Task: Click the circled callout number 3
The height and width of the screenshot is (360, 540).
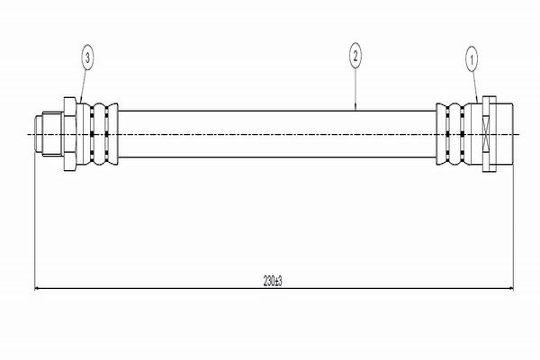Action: click(x=87, y=58)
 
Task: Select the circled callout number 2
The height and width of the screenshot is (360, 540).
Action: click(x=355, y=56)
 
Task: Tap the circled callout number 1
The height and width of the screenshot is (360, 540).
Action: click(x=472, y=60)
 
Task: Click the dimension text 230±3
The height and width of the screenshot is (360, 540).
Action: click(x=273, y=281)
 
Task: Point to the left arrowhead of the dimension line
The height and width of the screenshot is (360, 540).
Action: click(x=38, y=289)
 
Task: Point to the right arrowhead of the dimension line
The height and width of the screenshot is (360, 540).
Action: click(x=510, y=289)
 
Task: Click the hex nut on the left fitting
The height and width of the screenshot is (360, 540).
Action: click(x=70, y=134)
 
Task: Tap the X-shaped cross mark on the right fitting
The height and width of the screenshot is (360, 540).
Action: click(x=486, y=134)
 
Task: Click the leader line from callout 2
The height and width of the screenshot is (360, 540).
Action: click(x=355, y=89)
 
